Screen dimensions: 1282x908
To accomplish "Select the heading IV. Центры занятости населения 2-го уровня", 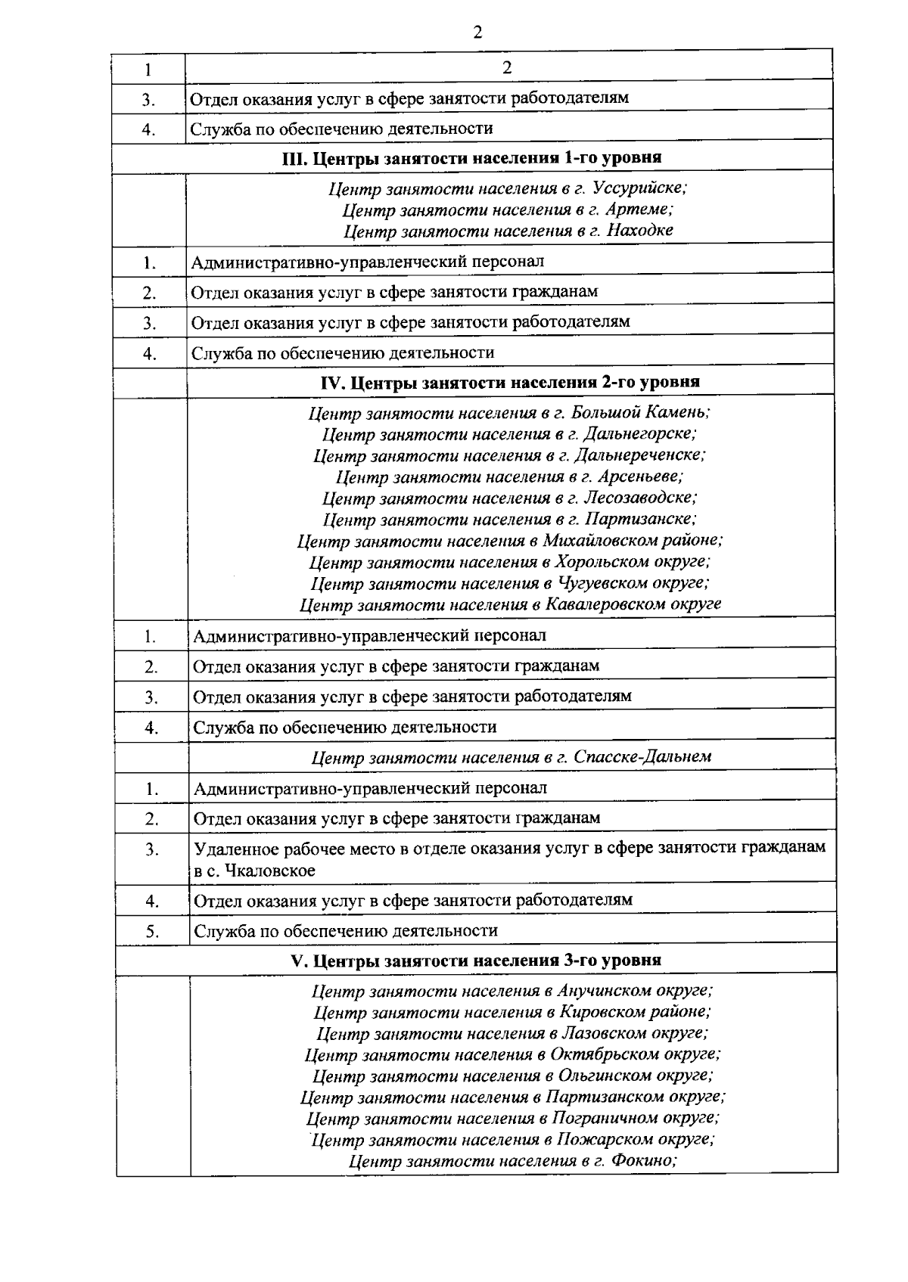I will pos(511,382).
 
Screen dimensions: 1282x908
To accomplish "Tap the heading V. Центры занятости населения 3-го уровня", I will pos(476,960).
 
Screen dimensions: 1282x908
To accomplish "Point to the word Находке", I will pos(641,230).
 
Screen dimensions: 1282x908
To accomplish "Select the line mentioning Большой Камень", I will pos(509,413).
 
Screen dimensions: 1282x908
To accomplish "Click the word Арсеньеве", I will pos(639,476).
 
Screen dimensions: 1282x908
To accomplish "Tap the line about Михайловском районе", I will pos(509,541).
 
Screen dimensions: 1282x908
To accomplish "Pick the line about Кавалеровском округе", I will pos(509,604).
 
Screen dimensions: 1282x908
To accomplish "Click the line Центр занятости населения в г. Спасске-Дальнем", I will pos(511,756).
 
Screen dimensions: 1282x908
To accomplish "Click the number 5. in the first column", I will pos(153,931).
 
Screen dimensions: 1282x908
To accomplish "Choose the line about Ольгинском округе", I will pos(512,1076).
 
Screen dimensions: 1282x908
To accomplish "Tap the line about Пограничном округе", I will pos(512,1118).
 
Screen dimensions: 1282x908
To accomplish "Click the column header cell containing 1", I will pos(148,70).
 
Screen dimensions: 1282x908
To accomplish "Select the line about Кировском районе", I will pos(512,1012).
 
